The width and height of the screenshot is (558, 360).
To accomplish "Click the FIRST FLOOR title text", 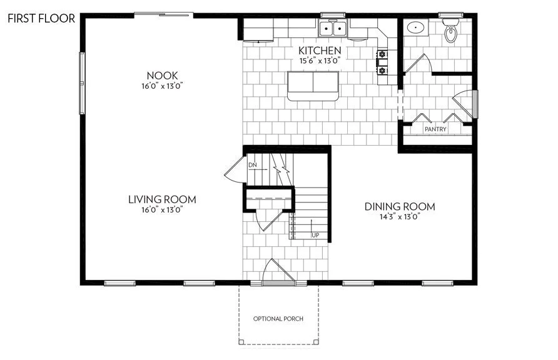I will (41, 18).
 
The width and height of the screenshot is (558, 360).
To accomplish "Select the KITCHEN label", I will (319, 51).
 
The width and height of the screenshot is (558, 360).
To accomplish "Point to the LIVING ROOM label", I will (162, 199).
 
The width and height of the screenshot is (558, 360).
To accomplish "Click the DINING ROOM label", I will (400, 207).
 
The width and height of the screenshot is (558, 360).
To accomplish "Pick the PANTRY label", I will (435, 129).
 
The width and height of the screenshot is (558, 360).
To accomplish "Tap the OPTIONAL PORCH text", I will (278, 319).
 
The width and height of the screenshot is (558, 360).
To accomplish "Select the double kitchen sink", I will (333, 29).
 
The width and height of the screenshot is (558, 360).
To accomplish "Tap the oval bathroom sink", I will (415, 27).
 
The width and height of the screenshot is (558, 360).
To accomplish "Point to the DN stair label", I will (253, 165).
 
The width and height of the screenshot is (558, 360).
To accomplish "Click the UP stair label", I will (315, 235).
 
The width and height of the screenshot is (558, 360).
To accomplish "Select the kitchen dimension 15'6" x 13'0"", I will (319, 61).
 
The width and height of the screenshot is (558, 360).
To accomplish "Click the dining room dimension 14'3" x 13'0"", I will (400, 217).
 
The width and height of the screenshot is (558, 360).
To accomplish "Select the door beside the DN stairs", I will (233, 169).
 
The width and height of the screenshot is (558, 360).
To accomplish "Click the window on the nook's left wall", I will (81, 82).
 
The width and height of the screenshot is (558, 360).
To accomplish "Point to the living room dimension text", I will (162, 210).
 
